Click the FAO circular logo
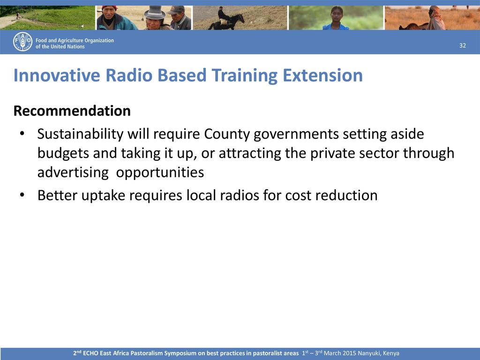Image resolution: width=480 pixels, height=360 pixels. tap(22, 42)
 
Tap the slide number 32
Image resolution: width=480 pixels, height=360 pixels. tap(463, 45)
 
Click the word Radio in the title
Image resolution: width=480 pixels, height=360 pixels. tap(129, 75)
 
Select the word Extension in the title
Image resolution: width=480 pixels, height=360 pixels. tap(322, 75)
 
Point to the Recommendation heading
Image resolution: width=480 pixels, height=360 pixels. tap(72, 111)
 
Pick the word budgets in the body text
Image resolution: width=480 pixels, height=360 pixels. tap(63, 153)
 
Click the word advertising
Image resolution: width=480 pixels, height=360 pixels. tap(73, 172)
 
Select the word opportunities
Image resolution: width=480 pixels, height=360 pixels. tap(160, 172)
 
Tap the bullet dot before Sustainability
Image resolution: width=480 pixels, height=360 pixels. tap(22, 134)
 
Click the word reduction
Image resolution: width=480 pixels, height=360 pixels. tap(346, 195)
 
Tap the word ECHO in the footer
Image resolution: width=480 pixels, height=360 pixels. tap(90, 353)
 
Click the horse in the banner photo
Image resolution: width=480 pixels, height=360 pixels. tap(226, 22)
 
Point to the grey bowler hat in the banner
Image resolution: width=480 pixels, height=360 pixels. tap(155, 12)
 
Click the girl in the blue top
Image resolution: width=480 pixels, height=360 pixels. tap(336, 18)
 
